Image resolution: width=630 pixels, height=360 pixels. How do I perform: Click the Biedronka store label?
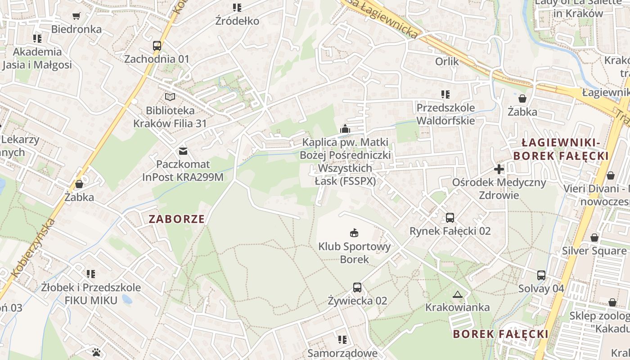[x=76, y=29]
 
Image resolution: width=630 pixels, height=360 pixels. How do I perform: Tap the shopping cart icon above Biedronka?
[x=76, y=16]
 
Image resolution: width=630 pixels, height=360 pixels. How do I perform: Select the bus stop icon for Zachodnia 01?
[x=157, y=46]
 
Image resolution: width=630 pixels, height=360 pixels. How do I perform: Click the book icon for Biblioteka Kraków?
[x=170, y=97]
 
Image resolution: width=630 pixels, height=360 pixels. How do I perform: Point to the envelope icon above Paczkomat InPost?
[x=183, y=151]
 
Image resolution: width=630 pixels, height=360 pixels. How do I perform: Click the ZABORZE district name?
[x=176, y=219]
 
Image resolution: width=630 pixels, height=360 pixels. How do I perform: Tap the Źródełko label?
[x=237, y=21]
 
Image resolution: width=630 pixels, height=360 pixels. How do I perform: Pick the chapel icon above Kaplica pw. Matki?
[x=345, y=129]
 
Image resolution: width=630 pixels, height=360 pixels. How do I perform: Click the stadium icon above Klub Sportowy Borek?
[x=354, y=233]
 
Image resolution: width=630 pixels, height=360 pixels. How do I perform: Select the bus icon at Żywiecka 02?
[x=357, y=287]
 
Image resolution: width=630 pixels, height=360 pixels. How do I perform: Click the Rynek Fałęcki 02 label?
[x=450, y=231]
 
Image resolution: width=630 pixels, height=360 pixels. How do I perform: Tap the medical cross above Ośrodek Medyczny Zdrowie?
[x=499, y=169]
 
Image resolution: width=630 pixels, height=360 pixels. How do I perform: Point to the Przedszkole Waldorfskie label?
[x=445, y=114]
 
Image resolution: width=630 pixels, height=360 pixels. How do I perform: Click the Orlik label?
[x=447, y=61]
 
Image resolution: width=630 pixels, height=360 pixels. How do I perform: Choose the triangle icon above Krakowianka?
[x=458, y=295]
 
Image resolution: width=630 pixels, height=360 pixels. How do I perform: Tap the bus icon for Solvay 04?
[x=541, y=275]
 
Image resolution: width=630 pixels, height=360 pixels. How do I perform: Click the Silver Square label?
[x=594, y=251]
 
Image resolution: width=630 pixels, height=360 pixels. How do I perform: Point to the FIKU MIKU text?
[x=91, y=300]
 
